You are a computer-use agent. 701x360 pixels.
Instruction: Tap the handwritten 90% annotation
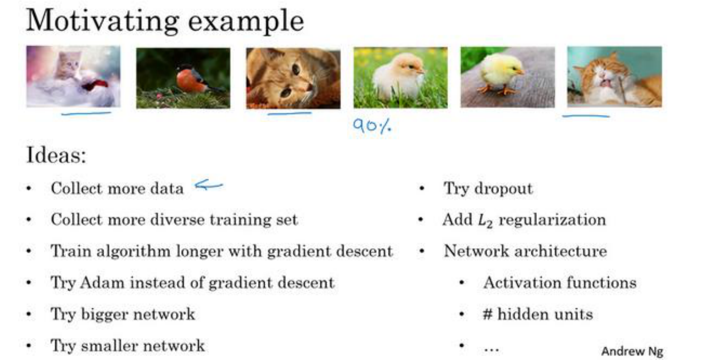click(x=372, y=126)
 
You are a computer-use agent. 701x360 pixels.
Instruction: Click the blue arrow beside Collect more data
click(x=209, y=185)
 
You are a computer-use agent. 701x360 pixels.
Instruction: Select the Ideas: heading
click(x=56, y=155)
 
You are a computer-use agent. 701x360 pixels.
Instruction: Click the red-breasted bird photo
click(x=183, y=78)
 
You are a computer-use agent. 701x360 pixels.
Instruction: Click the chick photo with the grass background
click(x=401, y=77)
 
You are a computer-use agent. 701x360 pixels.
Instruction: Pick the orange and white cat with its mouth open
click(x=615, y=77)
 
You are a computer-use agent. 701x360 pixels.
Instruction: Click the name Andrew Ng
click(x=632, y=351)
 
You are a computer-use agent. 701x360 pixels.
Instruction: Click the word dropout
click(x=503, y=189)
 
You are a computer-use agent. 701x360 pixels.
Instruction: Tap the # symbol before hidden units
click(x=488, y=314)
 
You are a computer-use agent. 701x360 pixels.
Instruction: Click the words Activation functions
click(x=560, y=283)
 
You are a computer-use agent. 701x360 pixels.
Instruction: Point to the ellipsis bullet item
click(x=491, y=349)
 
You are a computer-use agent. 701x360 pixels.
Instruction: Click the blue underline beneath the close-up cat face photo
click(x=289, y=113)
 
